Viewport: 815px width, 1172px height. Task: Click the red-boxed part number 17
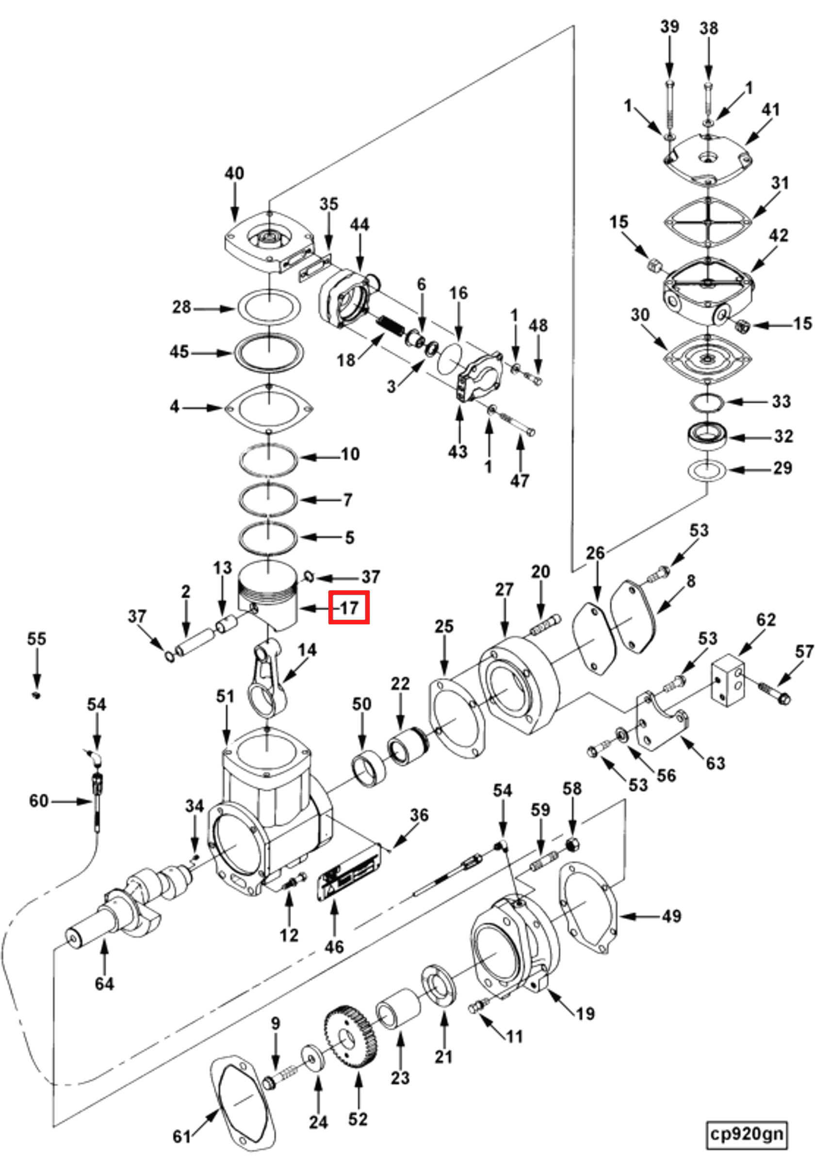[x=349, y=607]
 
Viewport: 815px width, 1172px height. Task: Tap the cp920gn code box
[x=747, y=1134]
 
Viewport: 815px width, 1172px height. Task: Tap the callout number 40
[x=234, y=174]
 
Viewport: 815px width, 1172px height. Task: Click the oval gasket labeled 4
[x=269, y=408]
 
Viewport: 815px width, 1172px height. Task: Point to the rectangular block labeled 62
[x=727, y=682]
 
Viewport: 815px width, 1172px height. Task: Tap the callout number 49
[x=672, y=917]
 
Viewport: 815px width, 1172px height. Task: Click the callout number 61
[x=182, y=1137]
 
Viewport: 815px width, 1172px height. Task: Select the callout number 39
[x=669, y=27]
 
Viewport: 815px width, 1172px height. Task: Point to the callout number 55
[x=36, y=638]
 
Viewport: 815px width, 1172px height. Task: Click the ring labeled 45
[x=269, y=352]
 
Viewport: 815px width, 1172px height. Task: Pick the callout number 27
[x=504, y=589]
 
